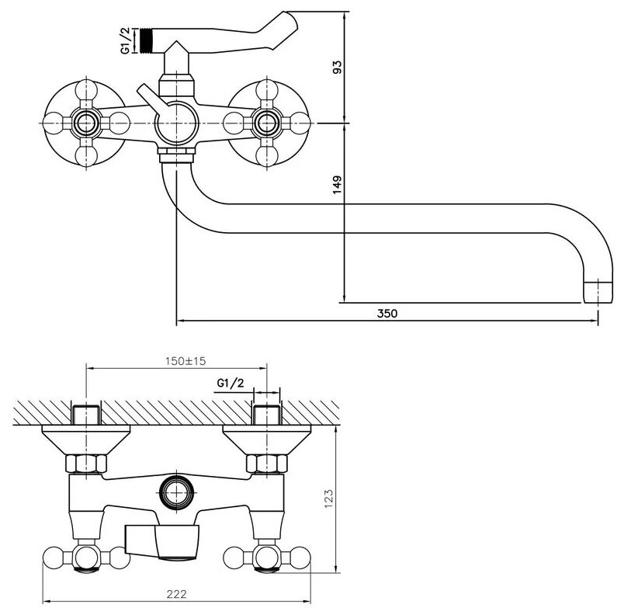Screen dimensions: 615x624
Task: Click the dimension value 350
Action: (x=387, y=314)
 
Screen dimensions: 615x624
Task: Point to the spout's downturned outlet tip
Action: (x=592, y=292)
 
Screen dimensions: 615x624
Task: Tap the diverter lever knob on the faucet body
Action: (x=144, y=92)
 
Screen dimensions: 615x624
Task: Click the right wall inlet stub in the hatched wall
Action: (x=266, y=415)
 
